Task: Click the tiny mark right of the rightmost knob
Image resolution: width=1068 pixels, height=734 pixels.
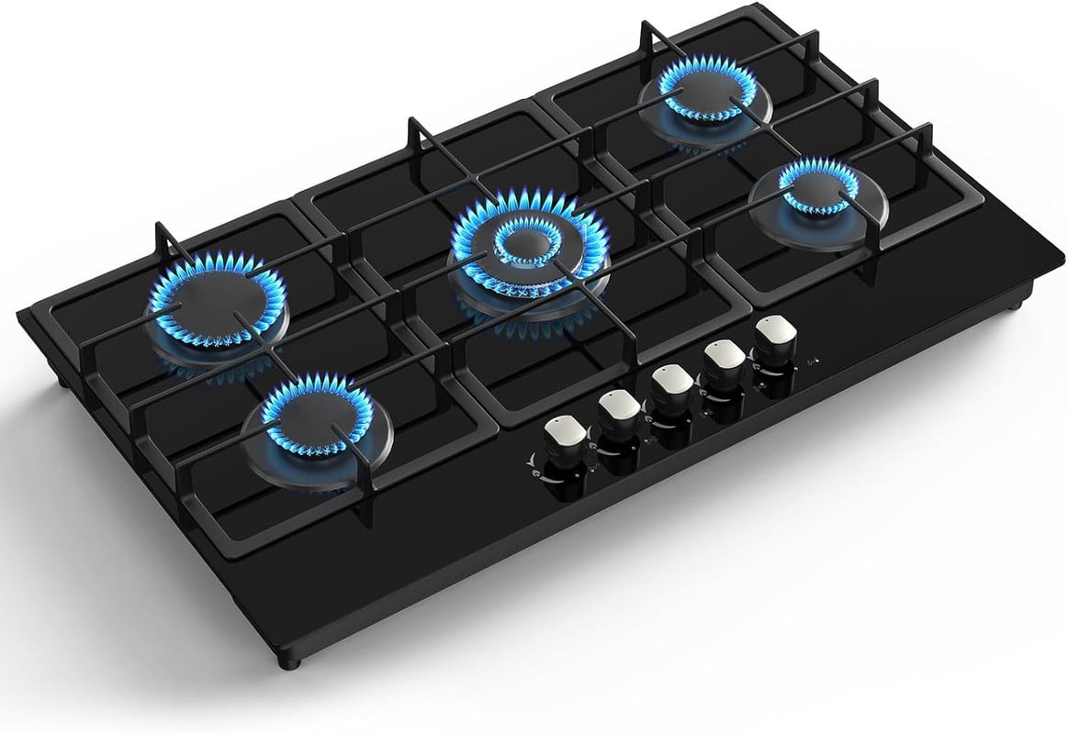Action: tap(806, 361)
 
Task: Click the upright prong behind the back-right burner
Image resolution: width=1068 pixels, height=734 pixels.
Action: tap(646, 37)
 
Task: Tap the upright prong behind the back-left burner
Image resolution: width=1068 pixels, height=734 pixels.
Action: tap(163, 240)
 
